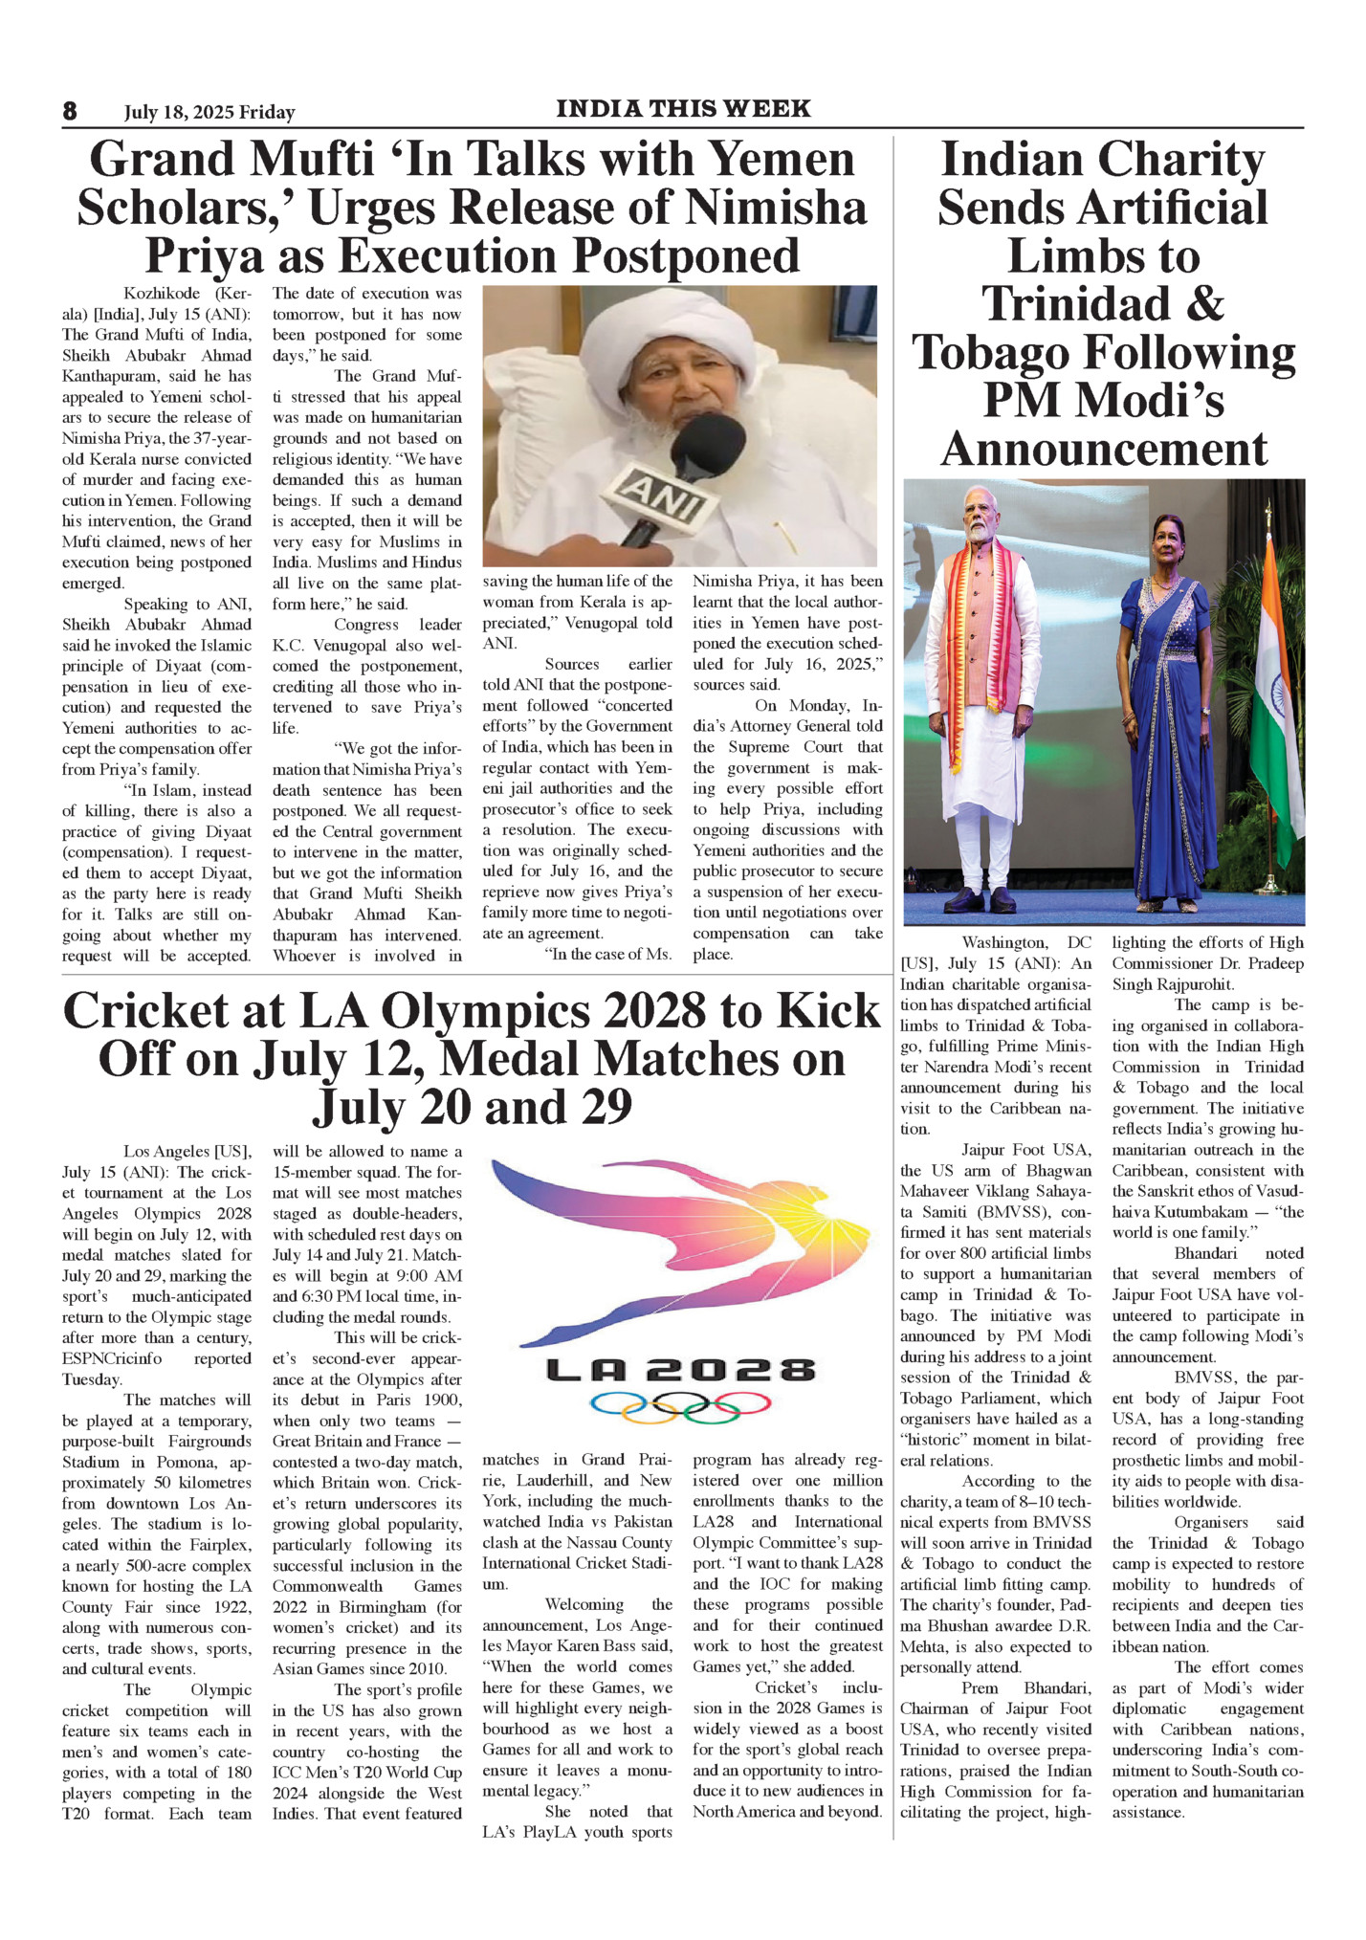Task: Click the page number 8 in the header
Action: coord(70,111)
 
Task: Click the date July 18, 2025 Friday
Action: coord(209,113)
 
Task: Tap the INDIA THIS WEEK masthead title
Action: coord(683,109)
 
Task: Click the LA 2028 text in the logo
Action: coord(680,1371)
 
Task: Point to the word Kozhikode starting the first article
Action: coord(164,294)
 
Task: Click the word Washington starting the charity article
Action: coord(1007,943)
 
